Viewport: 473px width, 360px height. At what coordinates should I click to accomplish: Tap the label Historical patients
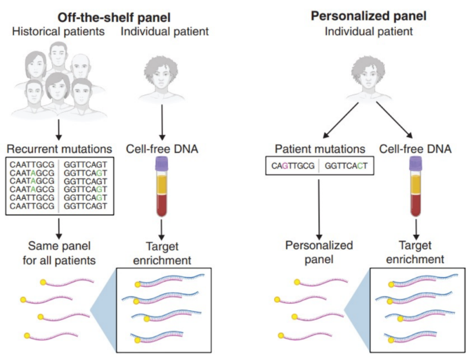[x=59, y=31]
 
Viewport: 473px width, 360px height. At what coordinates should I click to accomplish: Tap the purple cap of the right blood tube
[x=416, y=164]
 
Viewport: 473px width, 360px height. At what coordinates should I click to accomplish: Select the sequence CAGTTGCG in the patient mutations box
[x=293, y=166]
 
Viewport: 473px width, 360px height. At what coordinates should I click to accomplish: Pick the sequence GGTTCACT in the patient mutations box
[x=346, y=166]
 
